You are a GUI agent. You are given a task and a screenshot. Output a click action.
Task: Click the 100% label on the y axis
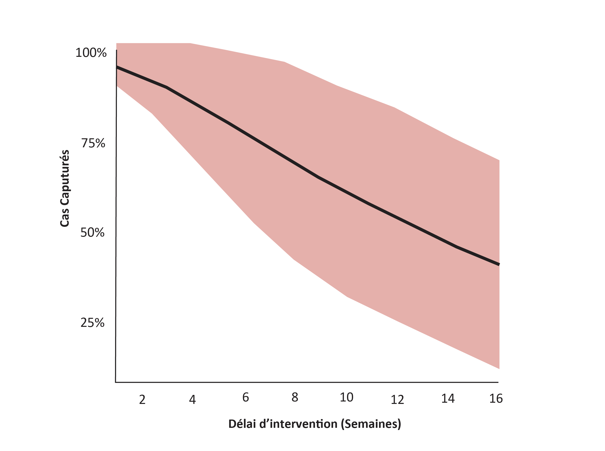(x=91, y=53)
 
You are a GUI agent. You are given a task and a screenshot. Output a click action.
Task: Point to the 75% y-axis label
(x=93, y=143)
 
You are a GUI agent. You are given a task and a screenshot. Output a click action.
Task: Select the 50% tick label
(x=92, y=233)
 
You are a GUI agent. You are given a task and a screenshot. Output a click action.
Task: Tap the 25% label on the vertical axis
(x=92, y=323)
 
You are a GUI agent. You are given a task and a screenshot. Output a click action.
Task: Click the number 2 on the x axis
(x=142, y=400)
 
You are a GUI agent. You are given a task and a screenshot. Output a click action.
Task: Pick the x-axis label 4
(x=192, y=400)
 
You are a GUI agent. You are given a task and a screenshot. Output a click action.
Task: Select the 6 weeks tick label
(x=245, y=398)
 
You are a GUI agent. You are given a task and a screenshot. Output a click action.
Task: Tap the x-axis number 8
(x=295, y=398)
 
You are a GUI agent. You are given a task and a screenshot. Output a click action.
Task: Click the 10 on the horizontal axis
(x=347, y=398)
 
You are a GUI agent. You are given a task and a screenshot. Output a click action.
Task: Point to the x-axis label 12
(x=397, y=400)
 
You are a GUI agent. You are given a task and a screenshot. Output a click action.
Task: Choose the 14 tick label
(x=448, y=399)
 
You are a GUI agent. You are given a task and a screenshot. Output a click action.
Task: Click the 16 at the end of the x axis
(x=496, y=399)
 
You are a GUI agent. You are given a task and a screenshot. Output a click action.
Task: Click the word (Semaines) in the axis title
(x=371, y=424)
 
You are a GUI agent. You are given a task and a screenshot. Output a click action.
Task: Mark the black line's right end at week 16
(x=499, y=264)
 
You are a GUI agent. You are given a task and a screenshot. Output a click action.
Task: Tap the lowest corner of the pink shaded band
(x=499, y=369)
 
